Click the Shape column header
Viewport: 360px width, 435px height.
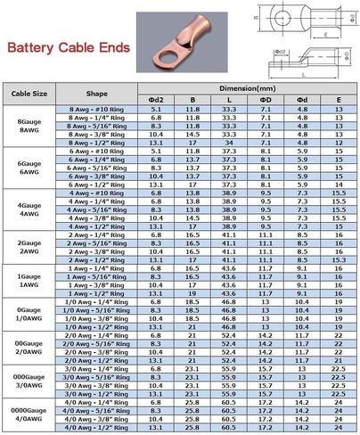point(97,93)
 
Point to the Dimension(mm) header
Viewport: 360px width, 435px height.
point(247,88)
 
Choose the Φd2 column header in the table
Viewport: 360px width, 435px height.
point(157,98)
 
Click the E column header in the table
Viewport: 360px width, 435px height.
point(338,98)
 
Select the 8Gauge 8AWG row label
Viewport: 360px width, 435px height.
point(26,122)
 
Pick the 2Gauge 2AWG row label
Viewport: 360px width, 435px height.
point(26,244)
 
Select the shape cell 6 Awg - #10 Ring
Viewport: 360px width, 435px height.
point(97,152)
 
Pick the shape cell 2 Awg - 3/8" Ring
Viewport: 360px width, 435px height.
point(97,252)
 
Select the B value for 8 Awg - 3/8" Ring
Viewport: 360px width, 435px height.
point(192,133)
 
